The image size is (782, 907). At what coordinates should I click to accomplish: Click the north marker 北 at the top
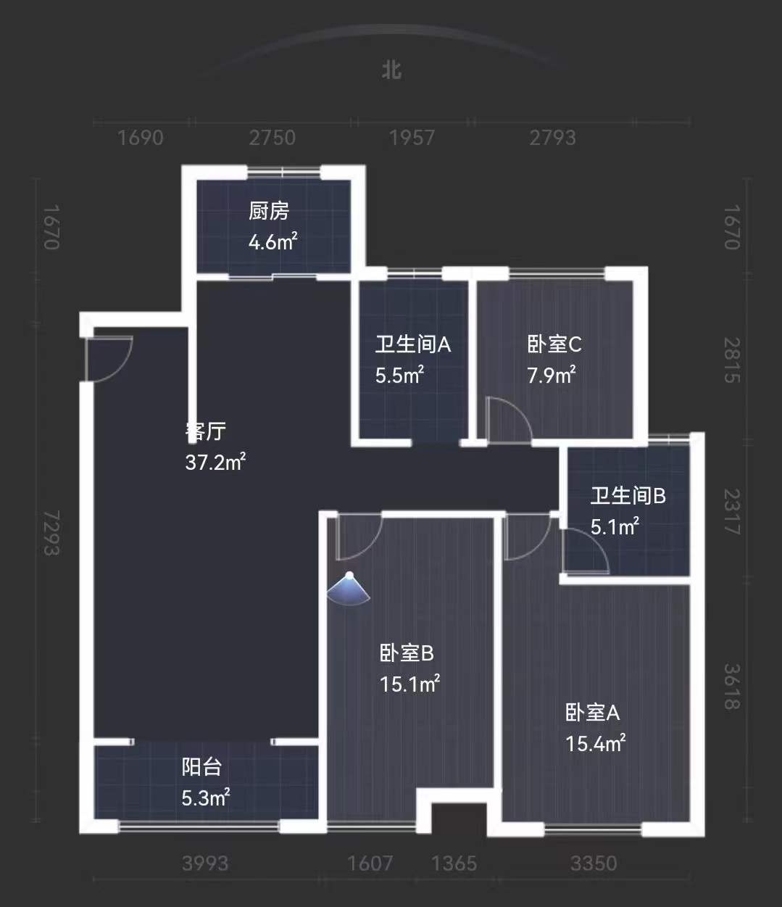[x=392, y=70]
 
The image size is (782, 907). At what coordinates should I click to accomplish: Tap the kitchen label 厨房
[x=269, y=211]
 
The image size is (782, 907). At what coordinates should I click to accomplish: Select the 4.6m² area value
[x=273, y=241]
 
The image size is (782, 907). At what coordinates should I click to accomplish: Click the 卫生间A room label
[x=412, y=344]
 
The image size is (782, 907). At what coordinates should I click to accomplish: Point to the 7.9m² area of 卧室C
[x=552, y=375]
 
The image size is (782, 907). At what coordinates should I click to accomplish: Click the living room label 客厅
[x=207, y=431]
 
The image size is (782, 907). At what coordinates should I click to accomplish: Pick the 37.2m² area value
[x=215, y=462]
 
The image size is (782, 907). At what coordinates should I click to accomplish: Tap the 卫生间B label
[x=628, y=496]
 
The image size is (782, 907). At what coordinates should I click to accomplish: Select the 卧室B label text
[x=407, y=653]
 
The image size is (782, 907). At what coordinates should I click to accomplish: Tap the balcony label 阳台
[x=201, y=767]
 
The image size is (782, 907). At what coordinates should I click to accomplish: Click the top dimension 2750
[x=273, y=138]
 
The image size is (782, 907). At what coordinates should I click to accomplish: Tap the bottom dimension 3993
[x=205, y=863]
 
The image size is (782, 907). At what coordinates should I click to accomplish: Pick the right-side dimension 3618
[x=732, y=687]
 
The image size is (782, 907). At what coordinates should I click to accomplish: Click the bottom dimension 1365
[x=454, y=863]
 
